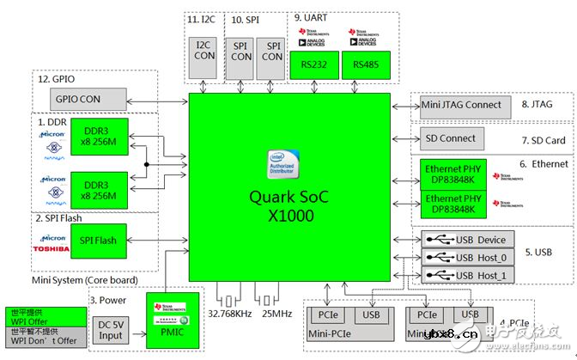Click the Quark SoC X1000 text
(x=288, y=207)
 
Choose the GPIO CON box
(x=80, y=99)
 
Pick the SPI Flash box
(x=98, y=240)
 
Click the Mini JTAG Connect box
(x=461, y=106)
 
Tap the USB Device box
(x=469, y=240)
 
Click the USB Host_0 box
(x=469, y=257)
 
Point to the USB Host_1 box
(x=469, y=274)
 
